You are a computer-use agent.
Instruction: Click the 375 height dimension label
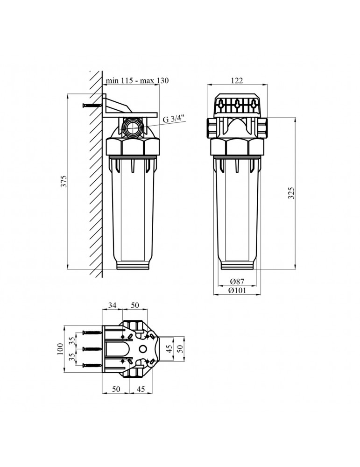point(64,182)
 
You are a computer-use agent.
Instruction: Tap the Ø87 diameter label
point(238,282)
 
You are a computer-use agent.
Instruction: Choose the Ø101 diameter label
point(238,290)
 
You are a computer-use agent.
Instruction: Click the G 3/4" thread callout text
point(174,119)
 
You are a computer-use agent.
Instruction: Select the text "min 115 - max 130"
point(137,81)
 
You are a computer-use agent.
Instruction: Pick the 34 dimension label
point(113,305)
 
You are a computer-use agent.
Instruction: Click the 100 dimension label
point(60,349)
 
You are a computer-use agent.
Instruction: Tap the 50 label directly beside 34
point(135,305)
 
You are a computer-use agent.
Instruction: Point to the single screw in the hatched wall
point(92,106)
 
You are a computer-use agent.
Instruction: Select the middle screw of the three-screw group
point(92,349)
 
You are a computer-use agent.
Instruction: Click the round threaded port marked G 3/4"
point(133,127)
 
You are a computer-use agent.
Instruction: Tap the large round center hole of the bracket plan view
point(143,349)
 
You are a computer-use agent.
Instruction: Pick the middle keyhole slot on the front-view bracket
point(237,104)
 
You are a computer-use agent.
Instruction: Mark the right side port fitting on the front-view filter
point(265,127)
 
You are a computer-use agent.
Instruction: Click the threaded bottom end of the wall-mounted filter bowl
point(133,264)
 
